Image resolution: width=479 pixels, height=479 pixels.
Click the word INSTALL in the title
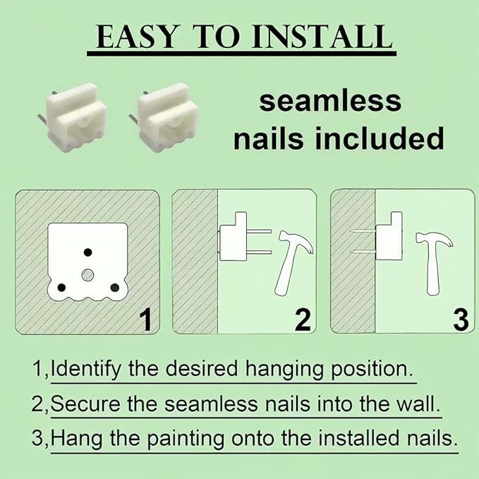tap(322, 37)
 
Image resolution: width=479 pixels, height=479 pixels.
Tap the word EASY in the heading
tap(137, 37)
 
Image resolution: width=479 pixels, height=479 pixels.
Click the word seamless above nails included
tap(330, 102)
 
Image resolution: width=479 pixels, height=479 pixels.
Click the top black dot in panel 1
tap(88, 253)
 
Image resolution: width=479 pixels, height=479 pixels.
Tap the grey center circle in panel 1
tap(87, 275)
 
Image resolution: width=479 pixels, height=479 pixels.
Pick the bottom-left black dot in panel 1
tap(61, 287)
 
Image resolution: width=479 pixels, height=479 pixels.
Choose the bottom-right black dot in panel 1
tap(115, 287)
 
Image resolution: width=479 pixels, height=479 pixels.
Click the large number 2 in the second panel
tap(303, 320)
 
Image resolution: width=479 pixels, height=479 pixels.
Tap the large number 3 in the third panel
tap(461, 320)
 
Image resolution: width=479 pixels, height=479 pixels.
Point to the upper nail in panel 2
tap(259, 231)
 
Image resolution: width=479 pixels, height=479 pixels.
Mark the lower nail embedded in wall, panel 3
tap(363, 252)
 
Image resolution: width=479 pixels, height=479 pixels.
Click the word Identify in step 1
tap(85, 369)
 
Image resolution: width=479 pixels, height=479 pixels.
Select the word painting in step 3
tap(186, 438)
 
